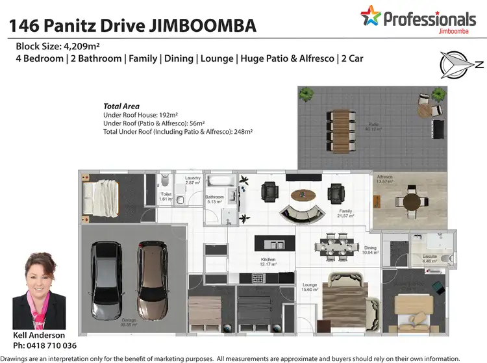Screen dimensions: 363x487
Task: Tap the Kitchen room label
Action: click(x=268, y=260)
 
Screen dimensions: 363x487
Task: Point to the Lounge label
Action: click(x=309, y=286)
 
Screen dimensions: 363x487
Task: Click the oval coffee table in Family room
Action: click(x=304, y=194)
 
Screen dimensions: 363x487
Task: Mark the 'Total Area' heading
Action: click(x=121, y=106)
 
